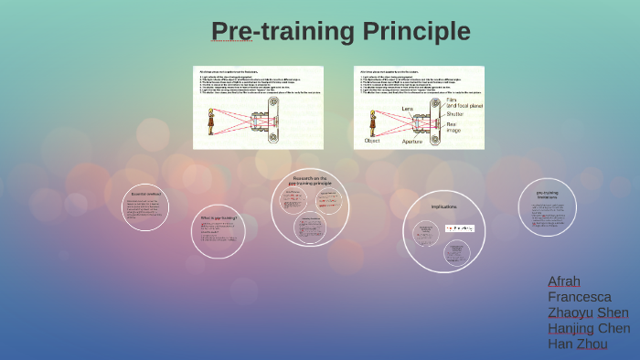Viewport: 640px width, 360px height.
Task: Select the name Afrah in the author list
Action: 563,281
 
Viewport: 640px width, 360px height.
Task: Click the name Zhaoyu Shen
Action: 589,312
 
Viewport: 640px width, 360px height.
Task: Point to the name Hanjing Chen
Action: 589,329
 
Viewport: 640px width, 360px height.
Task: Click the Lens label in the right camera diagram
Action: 408,108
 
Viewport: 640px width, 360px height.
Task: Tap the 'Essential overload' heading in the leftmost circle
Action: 144,194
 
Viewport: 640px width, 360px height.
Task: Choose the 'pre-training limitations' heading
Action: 548,196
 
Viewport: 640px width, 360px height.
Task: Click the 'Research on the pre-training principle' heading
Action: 311,180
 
